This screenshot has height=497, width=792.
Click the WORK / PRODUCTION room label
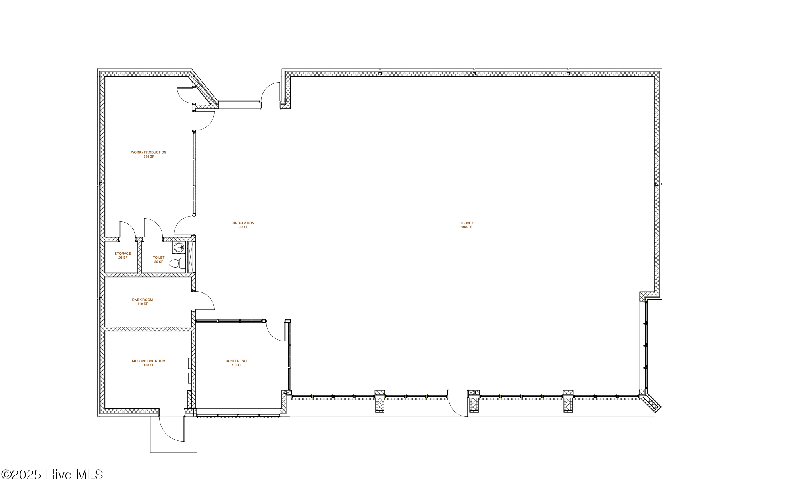[148, 152]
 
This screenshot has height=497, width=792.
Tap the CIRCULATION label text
[243, 223]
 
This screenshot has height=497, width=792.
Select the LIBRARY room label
[466, 223]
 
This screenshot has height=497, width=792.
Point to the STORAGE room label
[123, 254]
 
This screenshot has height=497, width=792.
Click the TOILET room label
[159, 258]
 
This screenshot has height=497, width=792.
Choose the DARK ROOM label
[142, 300]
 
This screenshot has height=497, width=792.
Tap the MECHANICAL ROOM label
[148, 361]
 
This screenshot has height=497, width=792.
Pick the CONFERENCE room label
[237, 361]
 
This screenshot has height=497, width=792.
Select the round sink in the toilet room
[179, 248]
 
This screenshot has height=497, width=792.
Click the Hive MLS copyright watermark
[52, 475]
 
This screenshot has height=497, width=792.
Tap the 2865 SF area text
[466, 227]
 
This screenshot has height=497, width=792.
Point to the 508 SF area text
[243, 227]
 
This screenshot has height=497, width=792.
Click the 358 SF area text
[148, 156]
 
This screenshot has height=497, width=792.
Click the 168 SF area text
[148, 365]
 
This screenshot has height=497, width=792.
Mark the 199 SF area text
[237, 365]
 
